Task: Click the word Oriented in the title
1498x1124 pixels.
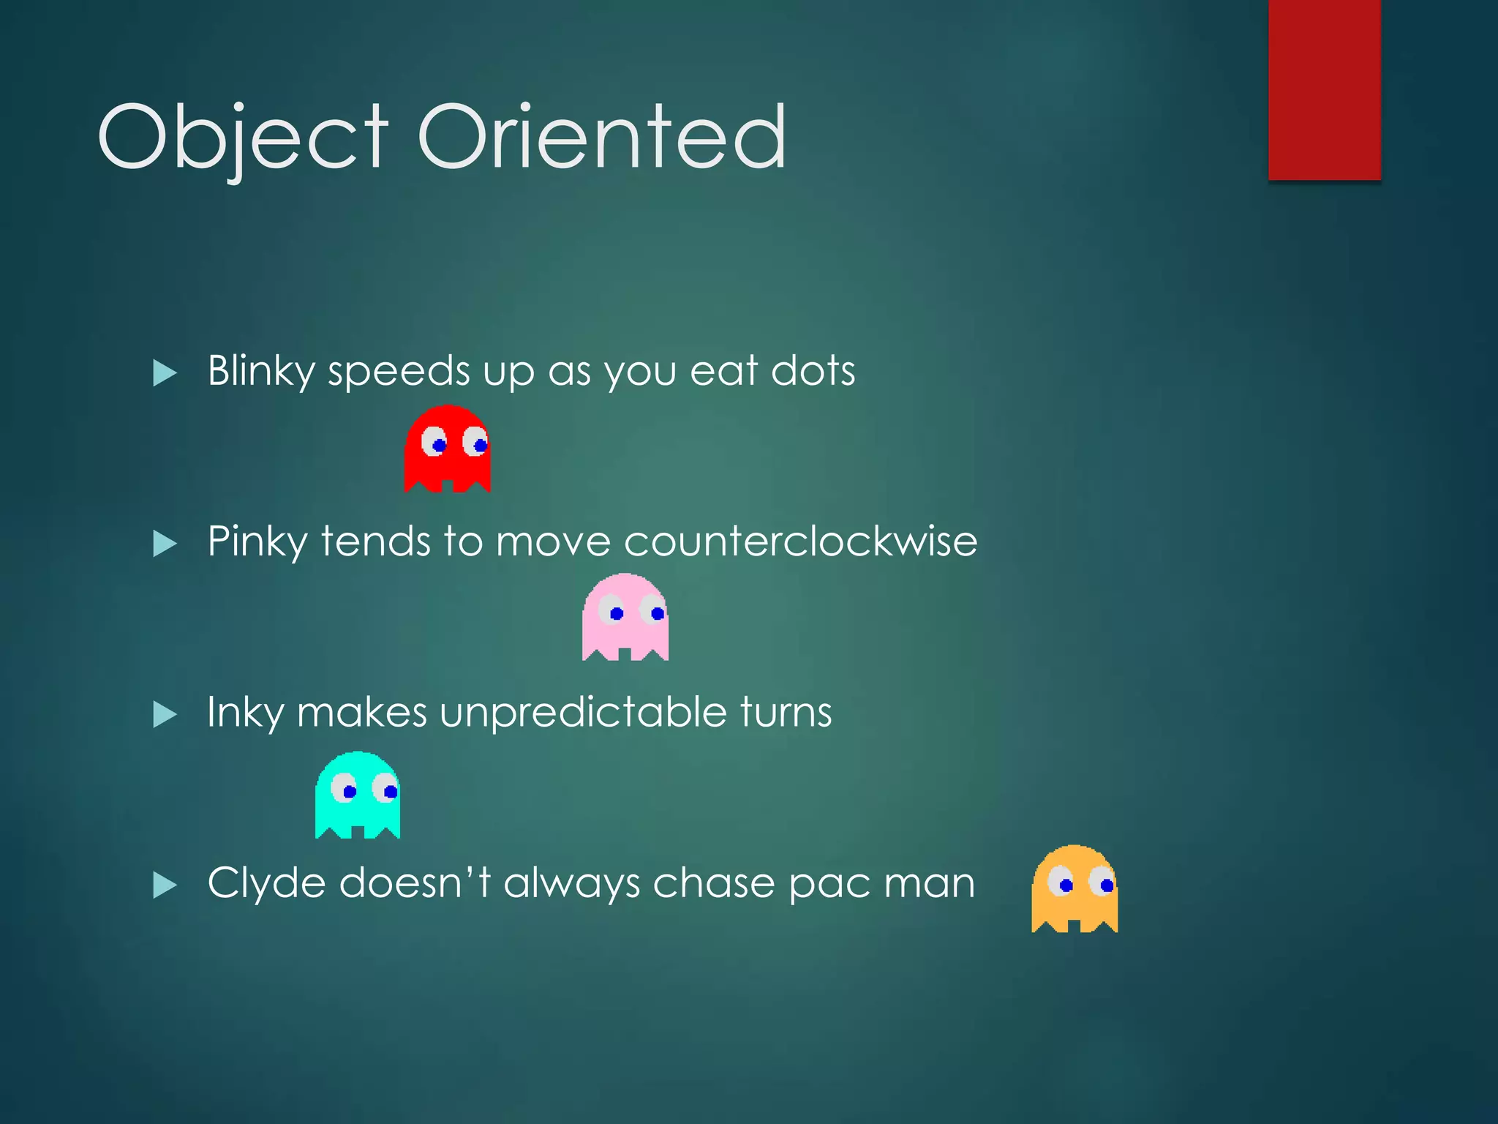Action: [601, 137]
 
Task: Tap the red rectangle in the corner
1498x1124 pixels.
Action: [1324, 89]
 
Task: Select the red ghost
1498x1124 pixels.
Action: [447, 449]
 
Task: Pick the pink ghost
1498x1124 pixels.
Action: [625, 617]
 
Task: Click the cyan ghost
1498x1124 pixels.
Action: [358, 795]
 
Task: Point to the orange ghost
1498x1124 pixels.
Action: [1074, 889]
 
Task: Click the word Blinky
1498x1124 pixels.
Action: [261, 371]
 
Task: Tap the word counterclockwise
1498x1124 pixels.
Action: [800, 542]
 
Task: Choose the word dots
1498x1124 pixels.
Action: [813, 371]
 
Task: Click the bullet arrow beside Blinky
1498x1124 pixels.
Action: [165, 373]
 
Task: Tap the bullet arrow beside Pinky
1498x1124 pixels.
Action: [165, 544]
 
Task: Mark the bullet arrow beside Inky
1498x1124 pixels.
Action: [165, 714]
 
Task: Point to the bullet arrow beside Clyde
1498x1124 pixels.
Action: [165, 885]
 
